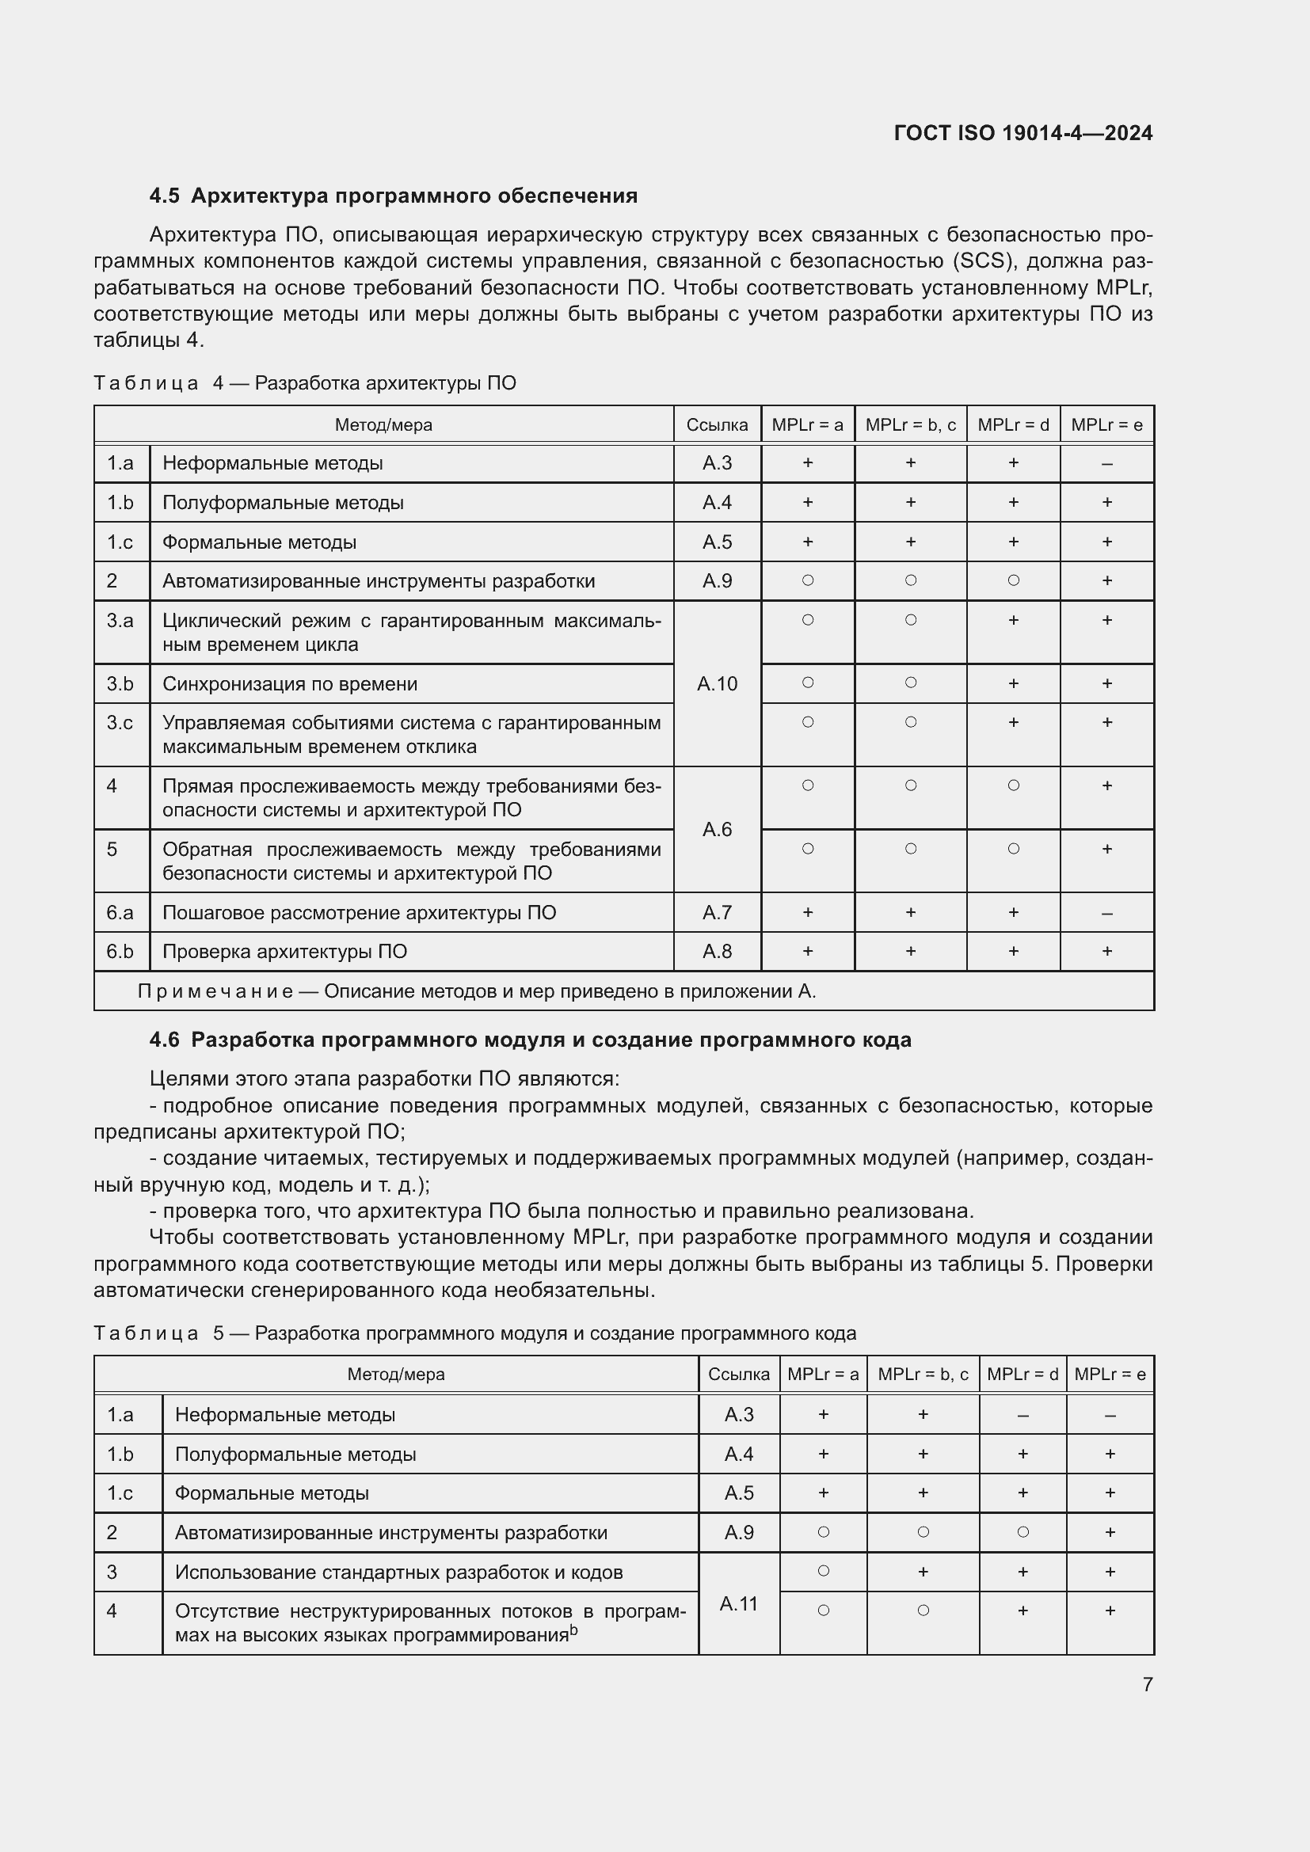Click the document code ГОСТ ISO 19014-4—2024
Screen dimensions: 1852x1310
pos(1022,133)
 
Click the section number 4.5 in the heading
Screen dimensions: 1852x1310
pos(164,196)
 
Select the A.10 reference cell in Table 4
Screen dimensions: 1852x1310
pos(716,684)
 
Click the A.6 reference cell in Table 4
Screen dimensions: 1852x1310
pos(716,829)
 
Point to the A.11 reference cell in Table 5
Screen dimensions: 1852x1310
pos(738,1603)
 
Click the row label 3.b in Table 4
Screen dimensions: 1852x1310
pos(120,684)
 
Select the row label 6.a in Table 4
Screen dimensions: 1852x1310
pos(120,912)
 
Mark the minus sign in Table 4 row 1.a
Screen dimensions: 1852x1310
pos(1106,464)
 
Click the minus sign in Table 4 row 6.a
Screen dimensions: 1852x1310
pos(1106,913)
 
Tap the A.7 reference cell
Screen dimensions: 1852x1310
pos(716,912)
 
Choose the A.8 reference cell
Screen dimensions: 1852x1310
pos(716,952)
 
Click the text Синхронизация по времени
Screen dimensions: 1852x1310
pos(290,684)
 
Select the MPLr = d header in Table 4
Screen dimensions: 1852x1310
pos(1012,425)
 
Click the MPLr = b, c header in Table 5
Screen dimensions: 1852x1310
pos(922,1374)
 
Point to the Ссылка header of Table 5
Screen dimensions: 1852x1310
pos(738,1374)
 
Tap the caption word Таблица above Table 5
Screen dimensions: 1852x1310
pos(146,1333)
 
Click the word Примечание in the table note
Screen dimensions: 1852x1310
pos(215,991)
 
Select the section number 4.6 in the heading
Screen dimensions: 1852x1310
pos(164,1040)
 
